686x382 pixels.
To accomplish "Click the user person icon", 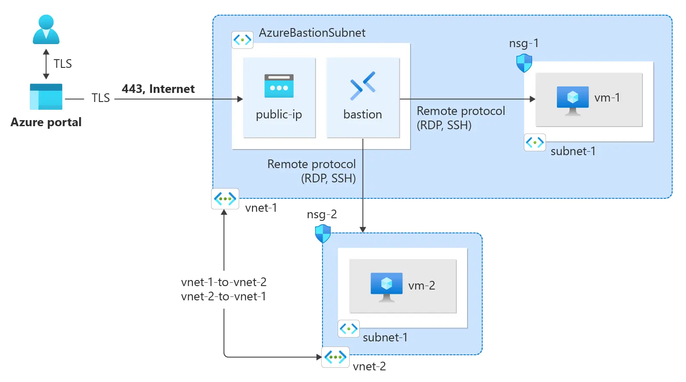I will [x=46, y=29].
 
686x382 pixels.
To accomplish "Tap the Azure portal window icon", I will [x=46, y=97].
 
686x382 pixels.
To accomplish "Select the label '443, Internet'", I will [x=158, y=89].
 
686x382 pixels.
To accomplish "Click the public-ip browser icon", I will [x=279, y=86].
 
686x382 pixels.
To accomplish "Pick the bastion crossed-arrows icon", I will [x=363, y=86].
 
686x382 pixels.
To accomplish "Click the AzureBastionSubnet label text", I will [x=312, y=33].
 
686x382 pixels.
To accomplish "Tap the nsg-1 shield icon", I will [x=524, y=63].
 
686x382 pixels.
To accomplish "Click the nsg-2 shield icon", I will [x=323, y=234].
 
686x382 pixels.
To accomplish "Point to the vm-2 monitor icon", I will [x=386, y=286].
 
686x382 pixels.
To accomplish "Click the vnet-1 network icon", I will [x=225, y=199].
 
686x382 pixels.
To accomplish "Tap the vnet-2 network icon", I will [x=335, y=357].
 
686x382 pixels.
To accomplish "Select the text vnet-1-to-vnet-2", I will [x=224, y=282].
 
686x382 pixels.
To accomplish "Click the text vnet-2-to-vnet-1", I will [x=224, y=296].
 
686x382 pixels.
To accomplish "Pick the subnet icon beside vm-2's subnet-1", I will [x=348, y=329].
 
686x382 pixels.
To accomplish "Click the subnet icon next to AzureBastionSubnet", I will [x=242, y=40].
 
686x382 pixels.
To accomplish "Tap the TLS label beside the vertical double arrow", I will [x=63, y=64].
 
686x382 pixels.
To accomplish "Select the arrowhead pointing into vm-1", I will [x=532, y=99].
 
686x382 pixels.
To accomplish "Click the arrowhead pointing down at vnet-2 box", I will [x=363, y=229].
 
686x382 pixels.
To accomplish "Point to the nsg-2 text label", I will [x=322, y=214].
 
